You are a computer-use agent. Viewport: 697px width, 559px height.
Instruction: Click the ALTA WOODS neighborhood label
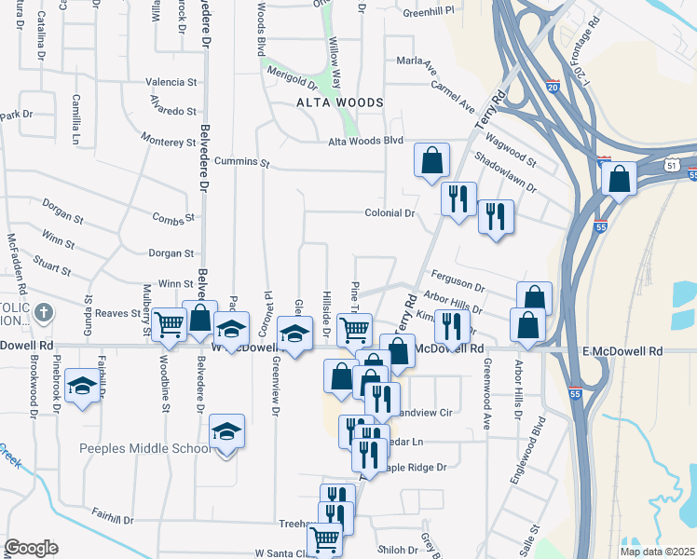[x=326, y=102]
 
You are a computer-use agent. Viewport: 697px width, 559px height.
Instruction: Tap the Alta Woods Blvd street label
[x=364, y=141]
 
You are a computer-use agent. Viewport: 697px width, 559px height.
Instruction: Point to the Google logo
[x=31, y=548]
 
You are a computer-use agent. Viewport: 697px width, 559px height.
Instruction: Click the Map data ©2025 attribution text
[x=658, y=552]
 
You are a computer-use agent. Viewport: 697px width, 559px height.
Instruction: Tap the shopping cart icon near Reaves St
[x=169, y=324]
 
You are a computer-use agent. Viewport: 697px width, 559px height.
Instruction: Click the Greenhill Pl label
[x=428, y=11]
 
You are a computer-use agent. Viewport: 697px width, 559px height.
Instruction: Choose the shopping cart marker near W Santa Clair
[x=323, y=538]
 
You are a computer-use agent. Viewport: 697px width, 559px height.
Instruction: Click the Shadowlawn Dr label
[x=505, y=173]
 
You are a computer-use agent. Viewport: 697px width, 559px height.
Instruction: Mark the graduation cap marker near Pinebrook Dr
[x=83, y=389]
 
